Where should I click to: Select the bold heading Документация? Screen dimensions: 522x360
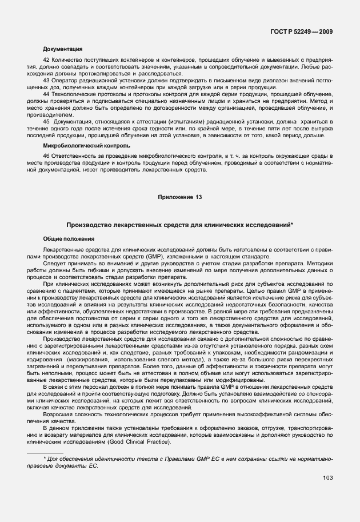tap(63, 49)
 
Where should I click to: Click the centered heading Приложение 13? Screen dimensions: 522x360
tap(180, 197)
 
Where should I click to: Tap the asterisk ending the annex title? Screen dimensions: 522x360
tap(292, 225)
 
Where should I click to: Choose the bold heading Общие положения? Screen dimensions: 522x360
tap(69, 238)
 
